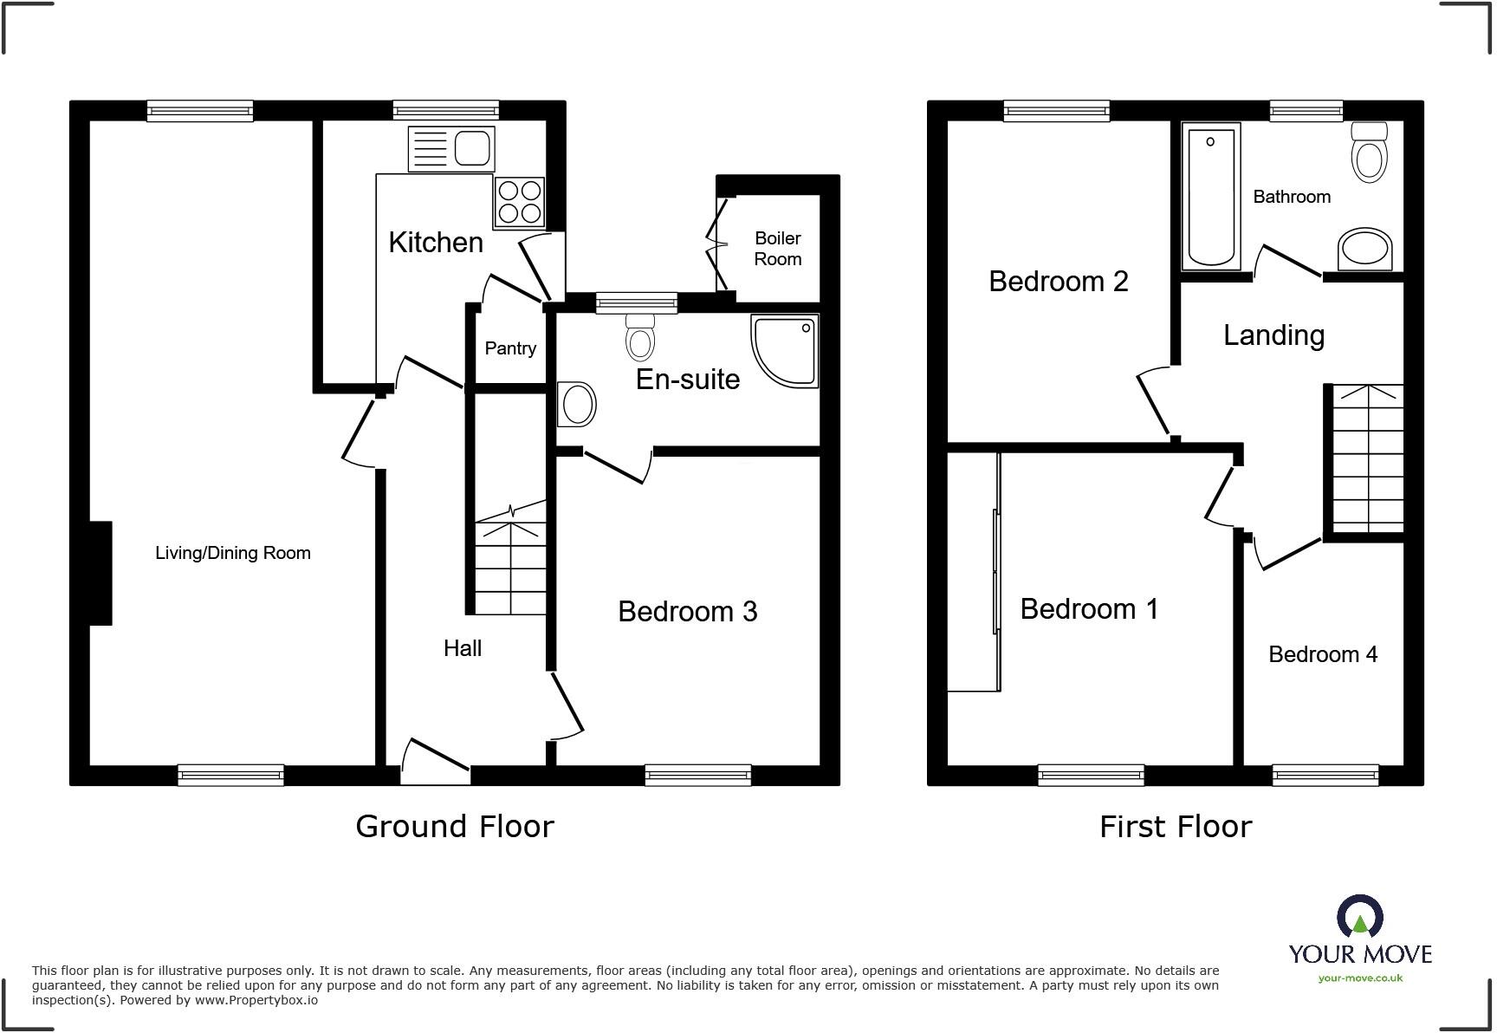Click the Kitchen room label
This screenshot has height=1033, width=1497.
click(x=436, y=243)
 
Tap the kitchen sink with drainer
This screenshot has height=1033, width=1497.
click(x=450, y=148)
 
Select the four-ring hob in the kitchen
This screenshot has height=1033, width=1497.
click(x=520, y=202)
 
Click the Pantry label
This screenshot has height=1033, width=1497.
click(x=510, y=348)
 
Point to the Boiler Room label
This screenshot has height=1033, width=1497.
click(x=777, y=249)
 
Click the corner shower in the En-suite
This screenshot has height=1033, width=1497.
click(x=785, y=350)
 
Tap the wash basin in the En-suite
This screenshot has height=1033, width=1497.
click(x=577, y=404)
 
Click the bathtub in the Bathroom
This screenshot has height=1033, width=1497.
click(x=1210, y=196)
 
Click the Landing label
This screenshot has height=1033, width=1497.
click(x=1273, y=335)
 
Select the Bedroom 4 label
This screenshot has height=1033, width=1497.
click(x=1323, y=654)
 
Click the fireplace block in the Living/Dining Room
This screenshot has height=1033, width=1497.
click(x=100, y=573)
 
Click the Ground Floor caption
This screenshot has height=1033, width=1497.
click(x=455, y=827)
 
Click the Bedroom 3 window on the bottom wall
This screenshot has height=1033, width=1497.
click(x=697, y=775)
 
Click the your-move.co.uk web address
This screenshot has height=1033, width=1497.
click(x=1360, y=978)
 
